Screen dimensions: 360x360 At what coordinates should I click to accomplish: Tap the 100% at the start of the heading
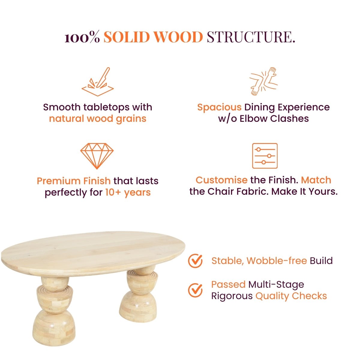(x=82, y=37)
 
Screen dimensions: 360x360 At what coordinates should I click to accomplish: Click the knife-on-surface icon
(x=97, y=82)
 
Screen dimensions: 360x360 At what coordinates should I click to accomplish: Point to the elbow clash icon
(x=264, y=81)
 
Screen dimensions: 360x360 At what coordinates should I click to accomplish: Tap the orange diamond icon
(x=97, y=156)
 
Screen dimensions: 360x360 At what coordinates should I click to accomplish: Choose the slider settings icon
(x=265, y=156)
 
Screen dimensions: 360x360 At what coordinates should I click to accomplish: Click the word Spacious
(x=219, y=107)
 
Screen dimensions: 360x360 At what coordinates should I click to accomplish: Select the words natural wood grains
(x=97, y=119)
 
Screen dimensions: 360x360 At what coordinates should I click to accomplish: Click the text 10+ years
(x=128, y=192)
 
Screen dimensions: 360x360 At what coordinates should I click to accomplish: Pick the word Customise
(x=222, y=180)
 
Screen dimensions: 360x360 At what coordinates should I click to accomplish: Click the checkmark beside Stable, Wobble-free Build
(x=195, y=261)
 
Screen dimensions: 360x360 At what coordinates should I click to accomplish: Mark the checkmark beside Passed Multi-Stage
(x=195, y=290)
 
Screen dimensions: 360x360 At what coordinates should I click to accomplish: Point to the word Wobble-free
(x=277, y=261)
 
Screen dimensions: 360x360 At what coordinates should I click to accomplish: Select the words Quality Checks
(x=291, y=296)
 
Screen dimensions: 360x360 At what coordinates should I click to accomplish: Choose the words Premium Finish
(x=74, y=181)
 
